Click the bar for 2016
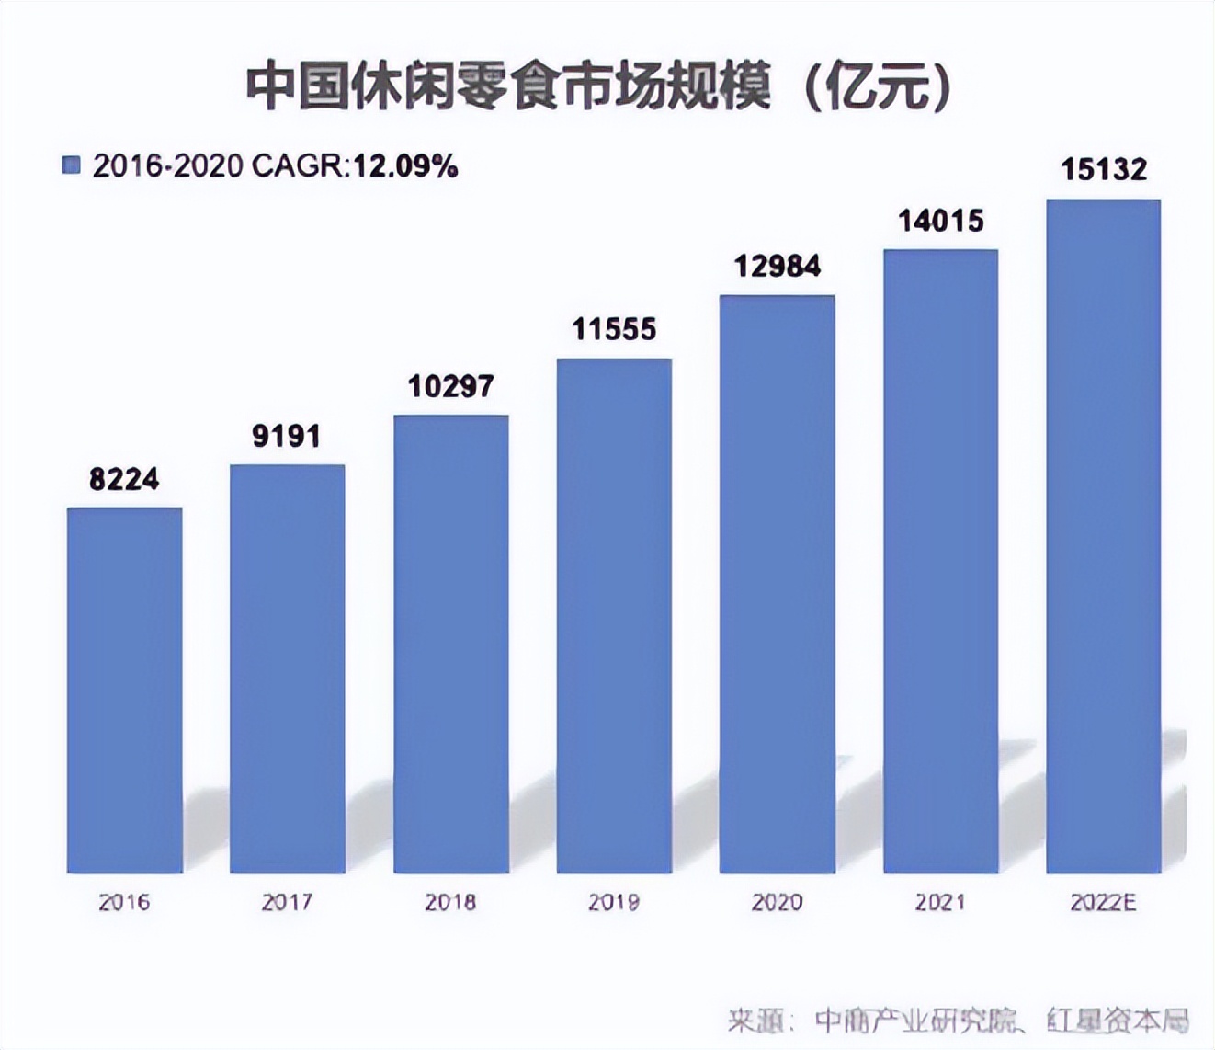pyautogui.click(x=124, y=690)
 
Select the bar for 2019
pyautogui.click(x=614, y=616)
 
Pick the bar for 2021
pyautogui.click(x=940, y=561)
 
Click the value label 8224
pyautogui.click(x=124, y=479)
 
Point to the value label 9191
pyautogui.click(x=287, y=436)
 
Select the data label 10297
pyautogui.click(x=450, y=386)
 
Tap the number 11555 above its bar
pyautogui.click(x=614, y=329)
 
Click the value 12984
pyautogui.click(x=778, y=267)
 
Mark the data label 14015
pyautogui.click(x=940, y=221)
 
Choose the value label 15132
pyautogui.click(x=1104, y=170)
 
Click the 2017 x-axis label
pyautogui.click(x=287, y=903)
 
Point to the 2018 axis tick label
pyautogui.click(x=450, y=903)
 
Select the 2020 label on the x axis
pyautogui.click(x=778, y=903)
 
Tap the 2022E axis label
pyautogui.click(x=1104, y=903)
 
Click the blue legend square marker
pyautogui.click(x=71, y=165)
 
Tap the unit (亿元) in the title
pyautogui.click(x=878, y=88)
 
